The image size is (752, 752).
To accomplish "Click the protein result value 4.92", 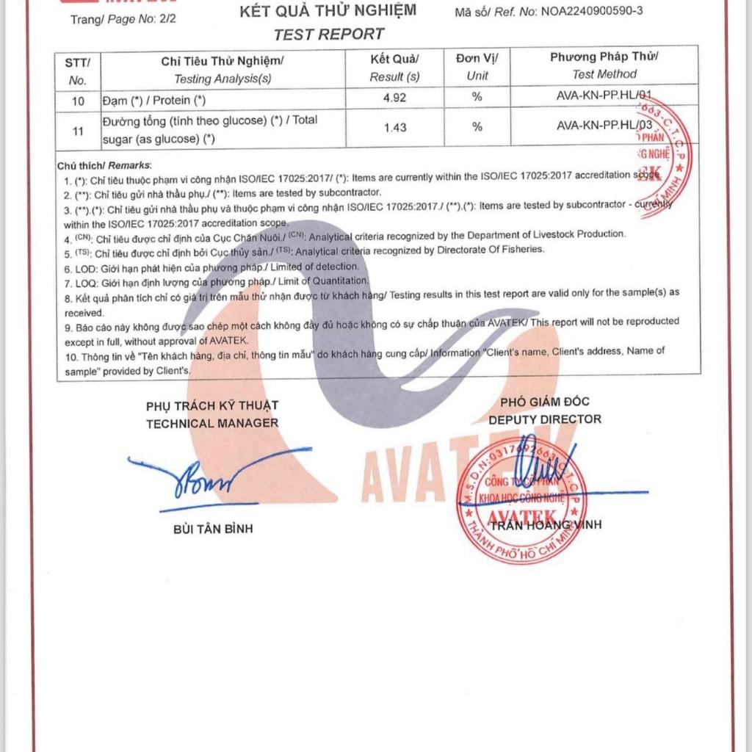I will pos(395,98).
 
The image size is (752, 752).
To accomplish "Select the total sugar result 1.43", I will pos(395,128).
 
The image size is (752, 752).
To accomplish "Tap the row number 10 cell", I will pos(79,101).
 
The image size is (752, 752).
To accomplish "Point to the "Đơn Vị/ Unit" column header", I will pos(477,67).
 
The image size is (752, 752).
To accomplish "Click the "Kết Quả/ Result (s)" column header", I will pos(395,67).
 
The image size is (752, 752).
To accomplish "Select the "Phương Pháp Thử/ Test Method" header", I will pos(604,65).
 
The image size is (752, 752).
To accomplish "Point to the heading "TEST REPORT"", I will pos(328,34).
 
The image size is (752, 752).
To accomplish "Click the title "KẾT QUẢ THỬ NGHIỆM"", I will pos(328,10).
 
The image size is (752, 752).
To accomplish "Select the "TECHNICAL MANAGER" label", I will pos(212,423).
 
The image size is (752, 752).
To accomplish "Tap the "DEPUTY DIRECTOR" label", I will pos(545,419).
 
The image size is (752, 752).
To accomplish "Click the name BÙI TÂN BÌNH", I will pos(213,529).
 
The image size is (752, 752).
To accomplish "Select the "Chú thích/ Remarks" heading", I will pos(104,166).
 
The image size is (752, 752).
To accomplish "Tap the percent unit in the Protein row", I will pos(477,98).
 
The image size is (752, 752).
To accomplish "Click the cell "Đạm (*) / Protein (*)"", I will pos(154,101).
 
